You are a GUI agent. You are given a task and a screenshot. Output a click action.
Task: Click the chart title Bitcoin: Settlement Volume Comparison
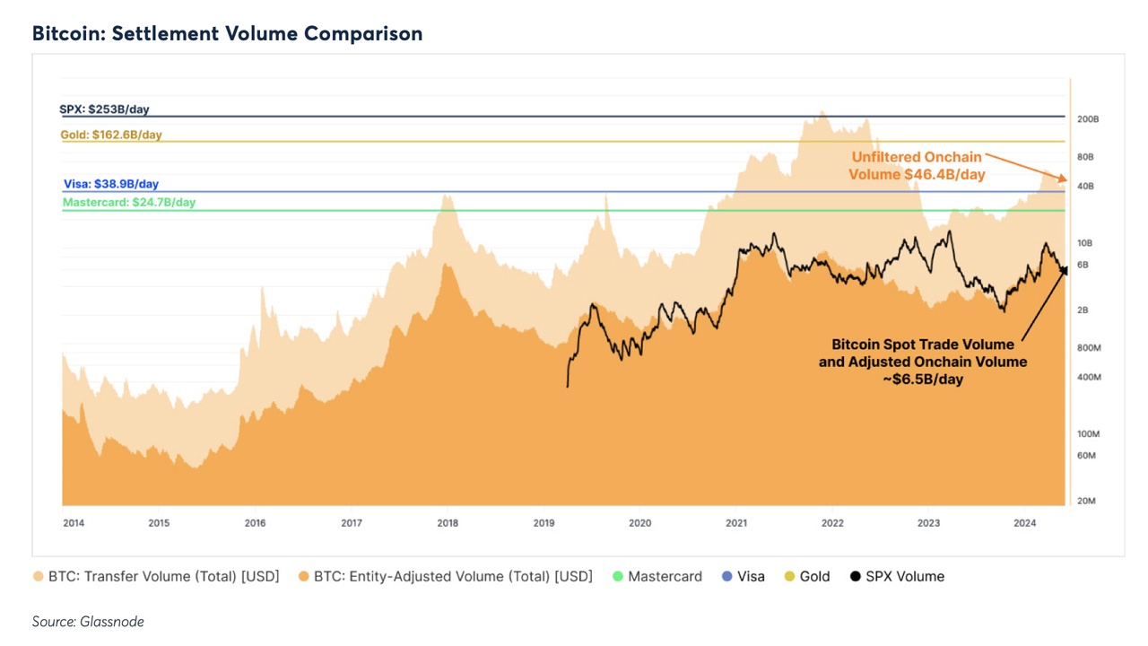coord(227,34)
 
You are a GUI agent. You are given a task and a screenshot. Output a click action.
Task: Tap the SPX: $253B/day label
coord(104,109)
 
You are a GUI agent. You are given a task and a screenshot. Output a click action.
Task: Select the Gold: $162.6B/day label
coord(111,135)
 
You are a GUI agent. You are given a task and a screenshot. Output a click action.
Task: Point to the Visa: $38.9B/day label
coord(110,184)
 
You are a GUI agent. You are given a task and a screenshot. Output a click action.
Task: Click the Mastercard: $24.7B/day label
coord(129,203)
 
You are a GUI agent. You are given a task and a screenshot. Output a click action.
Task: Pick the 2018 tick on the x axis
coord(448,523)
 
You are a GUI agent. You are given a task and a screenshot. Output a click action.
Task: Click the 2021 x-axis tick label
coord(736,523)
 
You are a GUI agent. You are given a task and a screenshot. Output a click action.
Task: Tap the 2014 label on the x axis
coord(74,523)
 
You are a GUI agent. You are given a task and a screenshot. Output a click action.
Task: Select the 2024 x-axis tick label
coord(1025,523)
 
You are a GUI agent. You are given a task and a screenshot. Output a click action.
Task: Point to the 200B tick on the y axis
coord(1088,119)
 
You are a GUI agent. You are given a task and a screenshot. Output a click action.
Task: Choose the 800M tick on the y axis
coord(1088,347)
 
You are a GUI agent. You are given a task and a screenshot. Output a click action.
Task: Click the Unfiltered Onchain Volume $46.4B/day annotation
coord(917,166)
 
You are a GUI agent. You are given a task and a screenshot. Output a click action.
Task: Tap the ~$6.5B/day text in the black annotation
coord(923,380)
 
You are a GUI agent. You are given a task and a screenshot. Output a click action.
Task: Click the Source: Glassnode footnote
coord(88,622)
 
